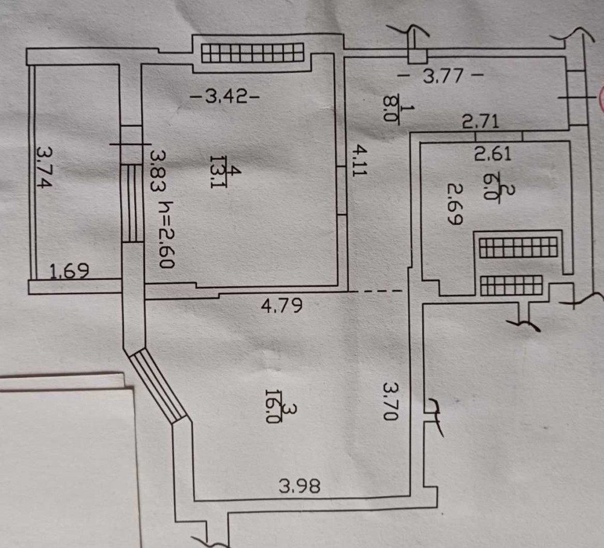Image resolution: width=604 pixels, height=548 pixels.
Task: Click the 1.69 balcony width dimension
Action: [x=69, y=271]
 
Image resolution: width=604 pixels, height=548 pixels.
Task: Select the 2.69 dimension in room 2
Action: [x=455, y=205]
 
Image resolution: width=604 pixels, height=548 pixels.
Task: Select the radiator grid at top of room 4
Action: [x=252, y=53]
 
